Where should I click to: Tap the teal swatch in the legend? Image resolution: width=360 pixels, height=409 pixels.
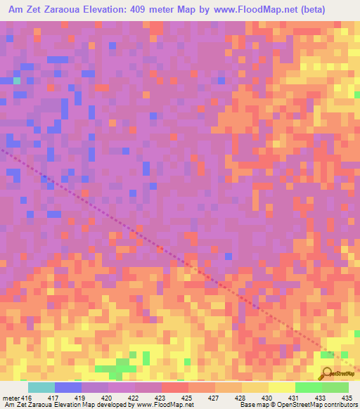41,387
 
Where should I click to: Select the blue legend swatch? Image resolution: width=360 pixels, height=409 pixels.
68,387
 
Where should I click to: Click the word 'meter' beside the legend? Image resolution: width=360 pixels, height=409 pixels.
11,397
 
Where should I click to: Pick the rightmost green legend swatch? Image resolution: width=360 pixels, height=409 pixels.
335,387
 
